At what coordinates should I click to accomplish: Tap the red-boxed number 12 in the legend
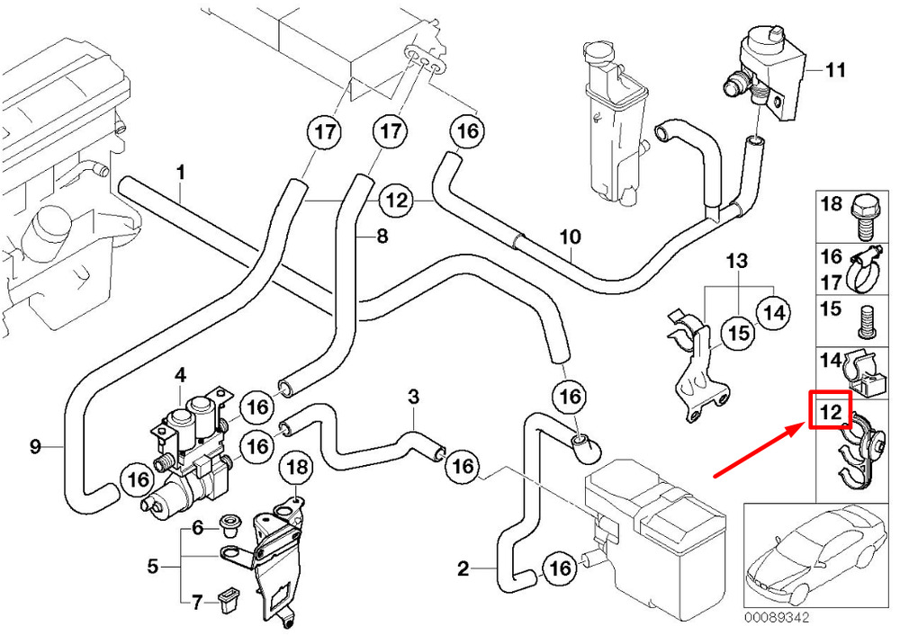click(831, 413)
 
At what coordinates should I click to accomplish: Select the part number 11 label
click(836, 69)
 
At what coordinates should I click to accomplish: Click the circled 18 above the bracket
click(296, 467)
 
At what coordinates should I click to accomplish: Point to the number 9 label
click(35, 445)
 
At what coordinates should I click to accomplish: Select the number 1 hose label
click(180, 171)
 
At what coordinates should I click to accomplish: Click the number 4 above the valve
click(180, 373)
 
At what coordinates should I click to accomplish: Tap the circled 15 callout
click(738, 334)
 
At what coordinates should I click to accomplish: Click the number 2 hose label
click(463, 568)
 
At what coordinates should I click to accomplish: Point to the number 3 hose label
click(413, 397)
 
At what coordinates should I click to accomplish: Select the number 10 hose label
click(571, 238)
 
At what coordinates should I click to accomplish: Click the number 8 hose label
click(382, 237)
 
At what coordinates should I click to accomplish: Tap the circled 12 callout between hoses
click(397, 200)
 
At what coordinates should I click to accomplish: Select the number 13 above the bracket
click(737, 263)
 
